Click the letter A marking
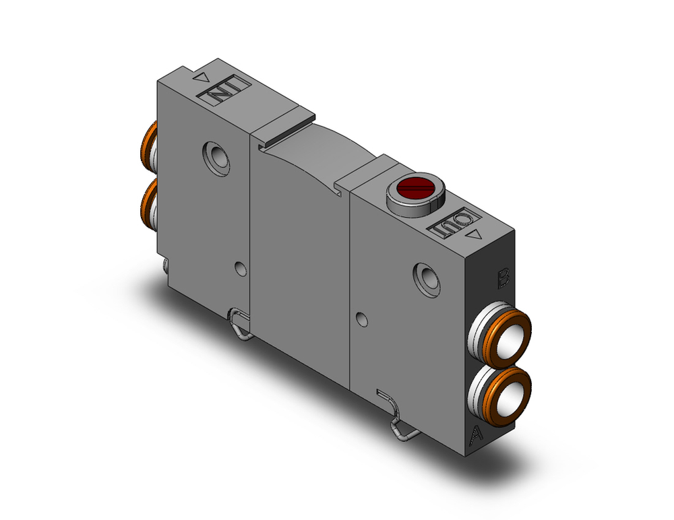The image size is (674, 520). point(476,436)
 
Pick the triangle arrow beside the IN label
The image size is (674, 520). point(201,78)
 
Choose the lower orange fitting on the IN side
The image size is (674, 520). point(147,201)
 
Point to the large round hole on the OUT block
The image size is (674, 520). point(427,278)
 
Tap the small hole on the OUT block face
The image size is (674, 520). point(362,317)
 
